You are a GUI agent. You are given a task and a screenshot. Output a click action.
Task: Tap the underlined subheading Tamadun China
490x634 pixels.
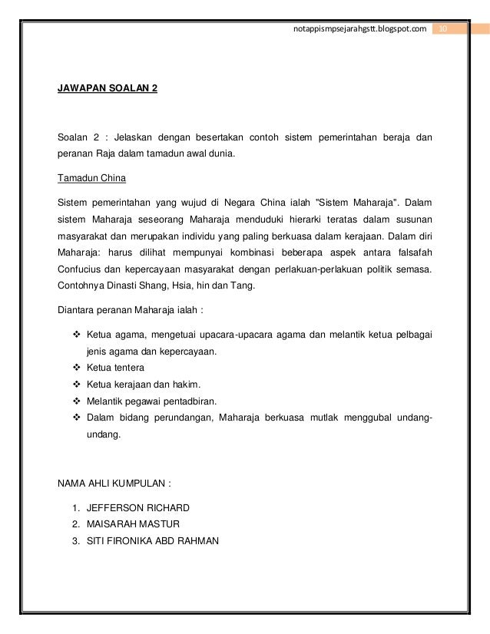[91, 180]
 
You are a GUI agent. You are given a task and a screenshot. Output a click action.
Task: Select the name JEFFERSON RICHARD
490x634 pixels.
[137, 507]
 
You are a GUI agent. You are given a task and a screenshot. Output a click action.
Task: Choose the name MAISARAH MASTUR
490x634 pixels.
[134, 525]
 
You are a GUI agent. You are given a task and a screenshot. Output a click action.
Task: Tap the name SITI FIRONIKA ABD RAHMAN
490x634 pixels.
[153, 542]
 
